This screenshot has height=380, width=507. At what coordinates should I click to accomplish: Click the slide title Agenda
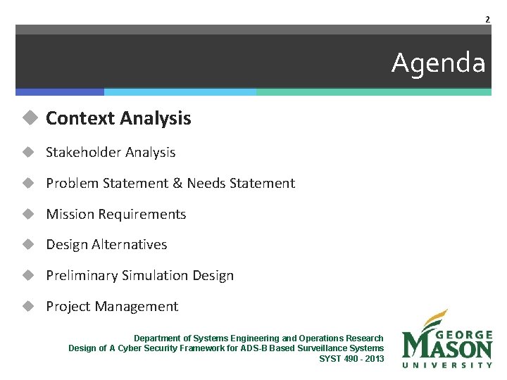tap(438, 63)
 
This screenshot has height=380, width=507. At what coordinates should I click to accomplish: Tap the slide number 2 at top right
tap(487, 19)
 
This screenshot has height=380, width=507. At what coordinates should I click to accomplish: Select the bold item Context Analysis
tap(118, 118)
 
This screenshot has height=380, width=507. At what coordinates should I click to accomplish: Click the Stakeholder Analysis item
tap(111, 152)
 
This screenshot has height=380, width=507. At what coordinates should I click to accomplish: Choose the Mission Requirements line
tap(116, 214)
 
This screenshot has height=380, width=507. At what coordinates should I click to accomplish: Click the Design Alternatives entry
tap(106, 245)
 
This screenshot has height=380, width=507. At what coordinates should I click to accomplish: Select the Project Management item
tap(112, 307)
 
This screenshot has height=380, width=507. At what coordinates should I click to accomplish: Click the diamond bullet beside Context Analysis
tap(28, 118)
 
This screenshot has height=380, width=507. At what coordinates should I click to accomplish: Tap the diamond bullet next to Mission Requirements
tap(28, 214)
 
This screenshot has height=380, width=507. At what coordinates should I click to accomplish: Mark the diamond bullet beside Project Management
tap(28, 307)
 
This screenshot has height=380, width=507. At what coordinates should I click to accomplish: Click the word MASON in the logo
tap(448, 348)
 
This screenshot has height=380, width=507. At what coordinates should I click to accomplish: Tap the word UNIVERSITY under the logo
tap(447, 365)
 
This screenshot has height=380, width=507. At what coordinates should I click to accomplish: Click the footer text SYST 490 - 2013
tap(351, 358)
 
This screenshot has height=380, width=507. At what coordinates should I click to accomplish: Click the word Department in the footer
tap(156, 338)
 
